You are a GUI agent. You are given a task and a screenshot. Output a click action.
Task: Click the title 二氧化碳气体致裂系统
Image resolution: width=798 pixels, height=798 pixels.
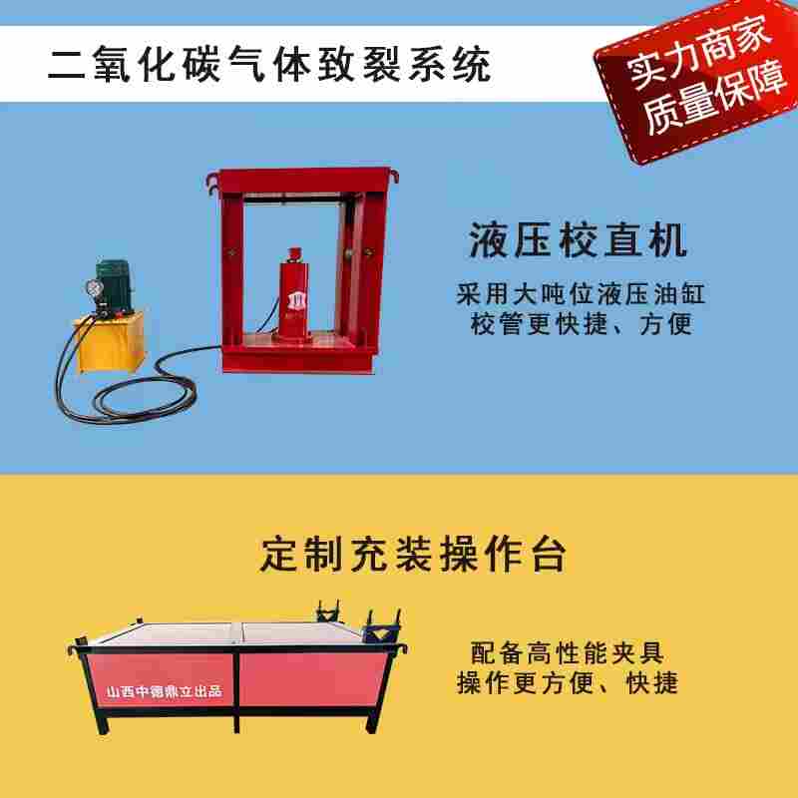coord(269,64)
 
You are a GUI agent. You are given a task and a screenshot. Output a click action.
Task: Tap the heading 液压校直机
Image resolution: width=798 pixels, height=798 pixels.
coord(579,240)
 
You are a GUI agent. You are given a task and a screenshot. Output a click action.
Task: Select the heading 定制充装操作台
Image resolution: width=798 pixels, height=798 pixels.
coord(413,555)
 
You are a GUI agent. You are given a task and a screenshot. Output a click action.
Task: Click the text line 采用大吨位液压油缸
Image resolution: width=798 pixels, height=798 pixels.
coord(581,294)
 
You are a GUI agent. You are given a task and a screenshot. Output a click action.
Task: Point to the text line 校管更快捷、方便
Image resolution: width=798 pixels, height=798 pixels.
coord(582,323)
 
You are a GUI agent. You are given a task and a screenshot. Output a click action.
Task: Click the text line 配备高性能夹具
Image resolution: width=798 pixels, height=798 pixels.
coord(567,653)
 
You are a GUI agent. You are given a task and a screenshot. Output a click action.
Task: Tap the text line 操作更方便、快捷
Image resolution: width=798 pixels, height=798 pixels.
coord(568,682)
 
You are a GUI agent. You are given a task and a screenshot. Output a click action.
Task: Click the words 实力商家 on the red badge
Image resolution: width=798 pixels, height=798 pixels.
coord(696,52)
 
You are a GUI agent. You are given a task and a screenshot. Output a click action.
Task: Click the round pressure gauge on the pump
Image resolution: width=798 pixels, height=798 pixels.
coord(94,288)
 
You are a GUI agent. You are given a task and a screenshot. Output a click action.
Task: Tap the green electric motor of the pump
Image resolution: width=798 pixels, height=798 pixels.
coord(114,283)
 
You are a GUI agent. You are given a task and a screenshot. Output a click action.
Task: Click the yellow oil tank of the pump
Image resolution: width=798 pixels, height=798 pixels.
coord(110,341)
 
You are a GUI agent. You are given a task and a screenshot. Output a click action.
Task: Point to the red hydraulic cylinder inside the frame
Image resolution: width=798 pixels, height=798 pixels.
coord(293,295)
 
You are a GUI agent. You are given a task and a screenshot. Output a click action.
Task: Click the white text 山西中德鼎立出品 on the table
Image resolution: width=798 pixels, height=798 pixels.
coord(164,691)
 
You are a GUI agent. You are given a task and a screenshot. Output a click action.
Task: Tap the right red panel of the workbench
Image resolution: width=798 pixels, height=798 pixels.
coord(311,679)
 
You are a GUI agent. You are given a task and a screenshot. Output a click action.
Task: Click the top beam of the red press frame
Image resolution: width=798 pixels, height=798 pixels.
coord(302,180)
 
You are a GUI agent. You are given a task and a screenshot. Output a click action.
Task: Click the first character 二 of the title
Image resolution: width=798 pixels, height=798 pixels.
coord(67,65)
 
